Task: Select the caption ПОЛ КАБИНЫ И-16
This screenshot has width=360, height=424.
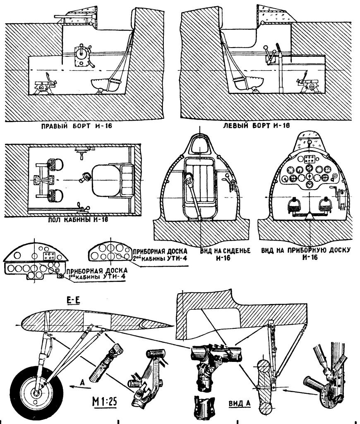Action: tap(79, 219)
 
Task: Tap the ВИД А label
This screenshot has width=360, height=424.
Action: tap(238, 402)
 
